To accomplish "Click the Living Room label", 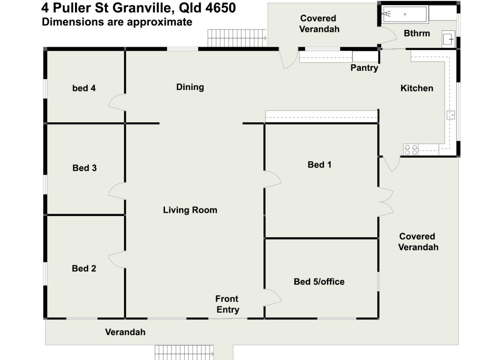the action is [x=190, y=210].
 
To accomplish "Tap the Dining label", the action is [x=190, y=87].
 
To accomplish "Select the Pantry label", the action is [x=364, y=68].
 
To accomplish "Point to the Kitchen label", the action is [x=417, y=88].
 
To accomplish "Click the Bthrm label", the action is [x=417, y=33].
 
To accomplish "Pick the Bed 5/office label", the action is [x=319, y=282].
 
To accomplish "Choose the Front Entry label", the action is [x=227, y=304].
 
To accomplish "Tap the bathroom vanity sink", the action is [x=448, y=39].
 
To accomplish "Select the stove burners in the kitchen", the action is [x=411, y=150].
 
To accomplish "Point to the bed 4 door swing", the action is [x=117, y=102].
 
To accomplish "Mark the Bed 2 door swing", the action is [x=117, y=259].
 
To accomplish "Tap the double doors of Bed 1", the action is [x=386, y=202].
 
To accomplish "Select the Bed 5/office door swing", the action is [x=273, y=297].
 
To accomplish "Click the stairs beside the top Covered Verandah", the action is [x=237, y=35].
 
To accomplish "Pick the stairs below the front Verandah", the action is [x=184, y=352].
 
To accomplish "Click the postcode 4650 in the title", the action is [x=219, y=7].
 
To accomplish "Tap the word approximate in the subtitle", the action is [x=162, y=22].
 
